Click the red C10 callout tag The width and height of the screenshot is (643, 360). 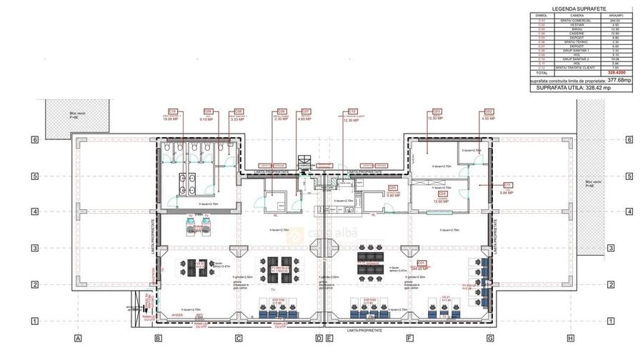pos(172,111)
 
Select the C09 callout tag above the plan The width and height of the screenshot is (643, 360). pos(208,111)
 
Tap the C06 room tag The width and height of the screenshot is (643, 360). pos(281,111)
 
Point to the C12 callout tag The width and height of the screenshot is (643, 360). pos(352,111)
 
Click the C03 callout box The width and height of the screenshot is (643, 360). pos(437,111)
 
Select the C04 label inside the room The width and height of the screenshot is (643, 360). pos(442,194)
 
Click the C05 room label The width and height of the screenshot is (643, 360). pos(392,187)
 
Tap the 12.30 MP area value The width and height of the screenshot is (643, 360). pos(352,120)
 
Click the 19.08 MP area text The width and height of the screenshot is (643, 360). pos(171,119)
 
